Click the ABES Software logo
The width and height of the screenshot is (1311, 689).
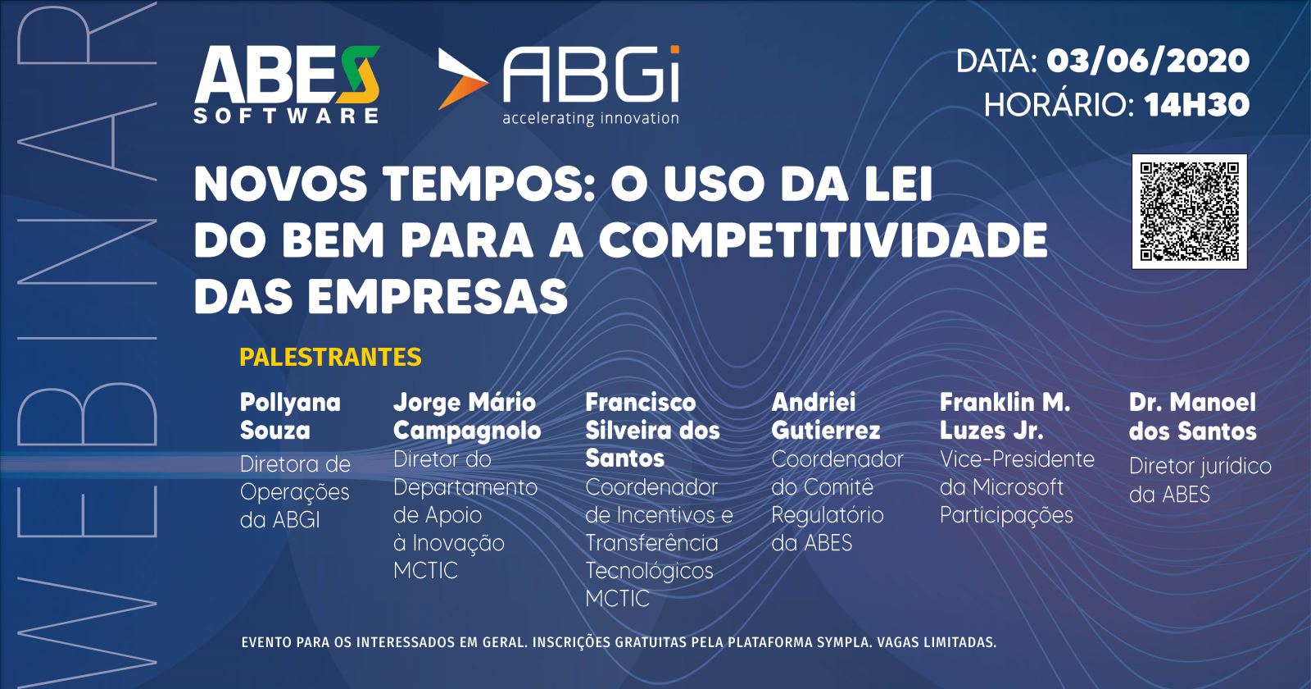coord(287,85)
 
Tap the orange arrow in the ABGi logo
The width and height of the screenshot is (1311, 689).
coord(462,80)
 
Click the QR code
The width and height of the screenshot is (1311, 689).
coord(1189,211)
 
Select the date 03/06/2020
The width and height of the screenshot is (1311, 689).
coord(1148,61)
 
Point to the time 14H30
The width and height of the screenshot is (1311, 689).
coord(1197,105)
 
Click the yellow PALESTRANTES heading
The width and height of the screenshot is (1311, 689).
coord(330,357)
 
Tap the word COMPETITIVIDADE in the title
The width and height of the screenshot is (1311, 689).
coord(823,240)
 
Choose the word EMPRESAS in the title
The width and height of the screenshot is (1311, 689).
coord(438,296)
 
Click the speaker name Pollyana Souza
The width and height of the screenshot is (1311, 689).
coord(290,417)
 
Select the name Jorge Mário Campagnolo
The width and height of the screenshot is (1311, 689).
coord(467,417)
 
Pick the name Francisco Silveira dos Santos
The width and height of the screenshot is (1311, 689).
coord(652,431)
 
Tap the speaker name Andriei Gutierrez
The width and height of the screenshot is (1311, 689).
coord(826,417)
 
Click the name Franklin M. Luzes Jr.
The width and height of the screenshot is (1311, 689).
coord(1005,417)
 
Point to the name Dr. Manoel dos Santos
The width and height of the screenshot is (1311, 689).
coord(1193,417)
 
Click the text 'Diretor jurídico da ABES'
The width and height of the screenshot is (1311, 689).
coord(1200,481)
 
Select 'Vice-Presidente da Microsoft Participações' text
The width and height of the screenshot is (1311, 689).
coord(1017,487)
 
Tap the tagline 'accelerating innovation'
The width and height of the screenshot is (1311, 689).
coord(591,118)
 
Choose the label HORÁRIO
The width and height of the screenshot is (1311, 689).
coord(1059,105)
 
